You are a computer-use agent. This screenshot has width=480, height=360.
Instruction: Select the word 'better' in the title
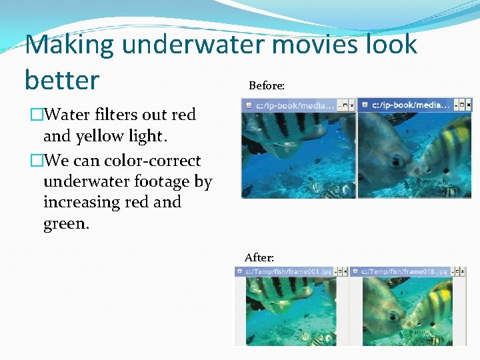pyautogui.click(x=61, y=80)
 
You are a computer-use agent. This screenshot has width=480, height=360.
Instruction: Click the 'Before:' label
pyautogui.click(x=267, y=86)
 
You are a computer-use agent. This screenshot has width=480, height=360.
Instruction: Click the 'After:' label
pyautogui.click(x=259, y=257)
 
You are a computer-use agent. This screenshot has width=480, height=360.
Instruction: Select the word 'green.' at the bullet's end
pyautogui.click(x=66, y=223)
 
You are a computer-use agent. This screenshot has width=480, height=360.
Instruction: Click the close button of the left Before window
pyautogui.click(x=351, y=105)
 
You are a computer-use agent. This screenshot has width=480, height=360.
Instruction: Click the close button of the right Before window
pyautogui.click(x=467, y=105)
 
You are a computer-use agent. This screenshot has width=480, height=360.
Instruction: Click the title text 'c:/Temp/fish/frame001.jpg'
pyautogui.click(x=289, y=272)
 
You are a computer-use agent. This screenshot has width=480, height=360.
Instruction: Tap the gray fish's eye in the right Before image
pyautogui.click(x=397, y=160)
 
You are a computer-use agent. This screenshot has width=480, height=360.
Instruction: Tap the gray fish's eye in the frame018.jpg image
pyautogui.click(x=391, y=314)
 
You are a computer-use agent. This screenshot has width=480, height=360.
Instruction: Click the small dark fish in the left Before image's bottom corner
pyautogui.click(x=247, y=191)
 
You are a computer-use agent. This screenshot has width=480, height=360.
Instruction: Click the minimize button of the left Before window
pyautogui.click(x=339, y=105)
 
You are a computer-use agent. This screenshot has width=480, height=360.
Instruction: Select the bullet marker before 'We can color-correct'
pyautogui.click(x=36, y=161)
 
